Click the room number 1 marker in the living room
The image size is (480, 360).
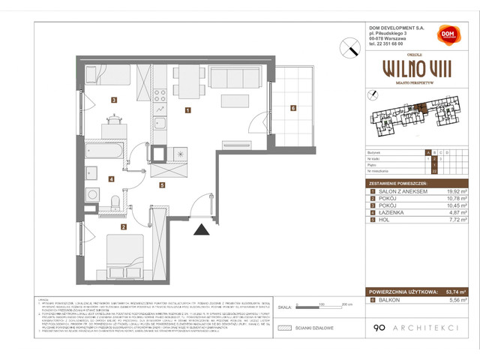(187, 109)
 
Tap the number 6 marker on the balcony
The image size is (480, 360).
(293, 108)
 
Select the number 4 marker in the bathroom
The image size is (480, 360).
(112, 178)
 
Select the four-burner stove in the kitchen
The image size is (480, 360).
(159, 94)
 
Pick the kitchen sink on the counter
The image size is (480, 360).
(160, 125)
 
